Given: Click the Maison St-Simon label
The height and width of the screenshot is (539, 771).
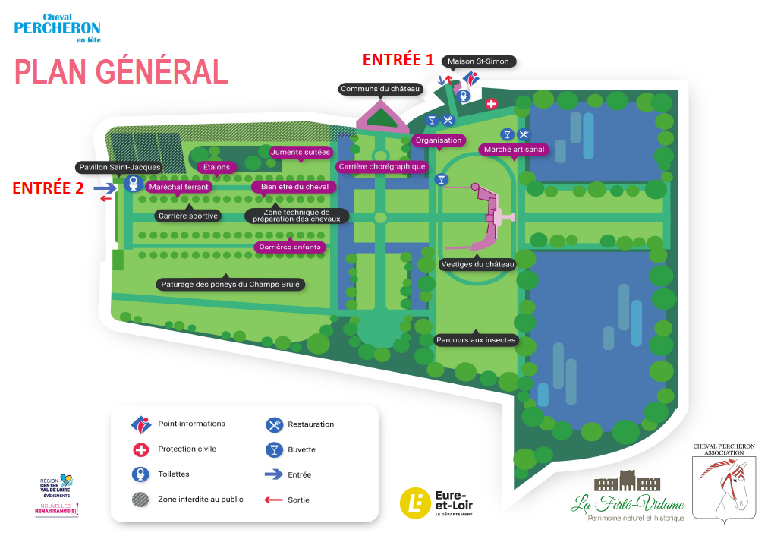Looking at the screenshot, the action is tap(478, 61).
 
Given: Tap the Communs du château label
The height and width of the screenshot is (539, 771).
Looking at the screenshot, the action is tap(380, 89).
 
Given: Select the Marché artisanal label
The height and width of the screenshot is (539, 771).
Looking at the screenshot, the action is tap(514, 150).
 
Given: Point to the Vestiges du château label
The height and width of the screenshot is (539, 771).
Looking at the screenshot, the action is tap(477, 265).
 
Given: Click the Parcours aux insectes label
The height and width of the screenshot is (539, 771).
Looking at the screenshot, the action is tap(476, 340).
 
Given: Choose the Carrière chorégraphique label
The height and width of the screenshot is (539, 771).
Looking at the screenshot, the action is tap(382, 167).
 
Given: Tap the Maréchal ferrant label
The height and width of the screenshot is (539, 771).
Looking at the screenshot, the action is tap(178, 187).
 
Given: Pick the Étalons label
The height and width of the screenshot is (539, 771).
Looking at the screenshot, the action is tap(216, 167).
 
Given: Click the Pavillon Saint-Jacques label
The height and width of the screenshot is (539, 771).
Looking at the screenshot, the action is tap(119, 167).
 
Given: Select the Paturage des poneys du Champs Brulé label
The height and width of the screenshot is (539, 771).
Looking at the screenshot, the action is tap(230, 284).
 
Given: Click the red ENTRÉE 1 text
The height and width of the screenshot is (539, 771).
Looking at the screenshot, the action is tap(398, 59).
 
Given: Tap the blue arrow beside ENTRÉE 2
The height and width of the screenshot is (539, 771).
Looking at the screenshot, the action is tap(105, 188).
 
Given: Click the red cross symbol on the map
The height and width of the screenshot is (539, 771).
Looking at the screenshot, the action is tap(491, 104).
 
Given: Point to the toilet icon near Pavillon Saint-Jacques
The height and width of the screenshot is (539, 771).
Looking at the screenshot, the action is tap(134, 184).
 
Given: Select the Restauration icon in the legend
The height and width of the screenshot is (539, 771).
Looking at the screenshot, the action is tap(274, 424).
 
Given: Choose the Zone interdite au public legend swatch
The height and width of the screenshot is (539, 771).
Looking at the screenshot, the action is tap(140, 500).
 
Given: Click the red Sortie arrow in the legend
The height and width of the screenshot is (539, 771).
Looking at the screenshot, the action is tap(273, 500).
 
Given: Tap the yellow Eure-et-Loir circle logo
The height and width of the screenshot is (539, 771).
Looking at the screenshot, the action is tap(416, 503).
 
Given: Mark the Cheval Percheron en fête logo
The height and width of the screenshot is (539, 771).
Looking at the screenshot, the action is tap(57, 28).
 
